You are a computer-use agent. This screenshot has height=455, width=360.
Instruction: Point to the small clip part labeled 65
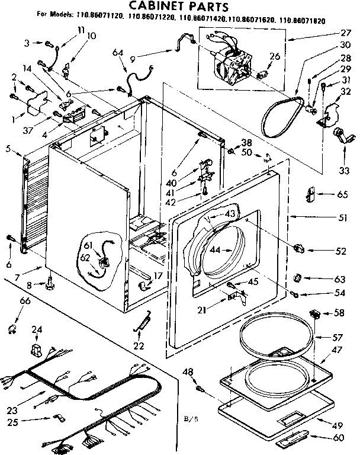(x=308, y=194)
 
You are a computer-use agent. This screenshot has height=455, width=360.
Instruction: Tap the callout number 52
(x=340, y=251)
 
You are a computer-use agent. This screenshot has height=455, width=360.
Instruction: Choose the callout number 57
(x=337, y=337)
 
